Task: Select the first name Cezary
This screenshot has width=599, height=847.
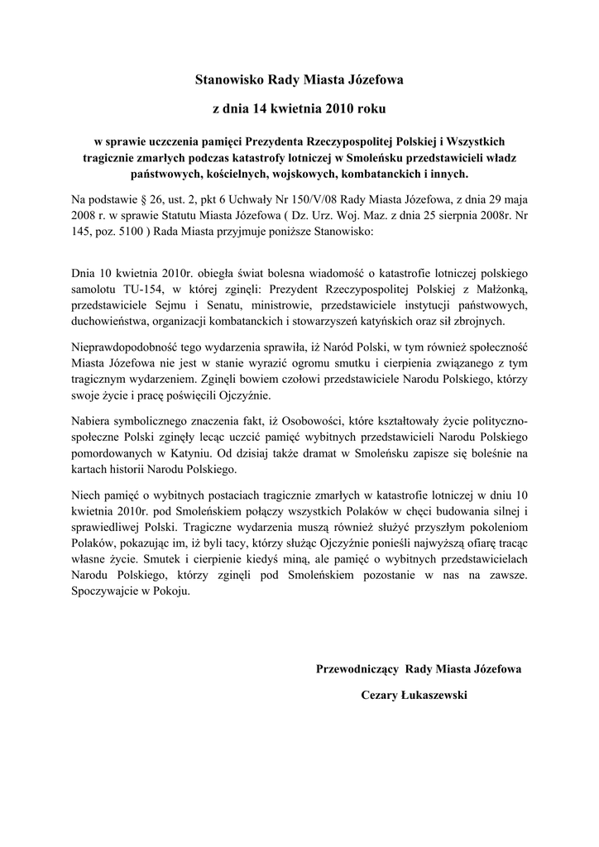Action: click(x=381, y=696)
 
